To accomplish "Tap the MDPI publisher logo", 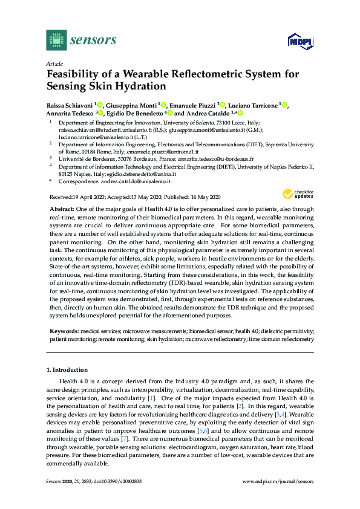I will (x=301, y=41).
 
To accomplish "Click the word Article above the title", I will (x=54, y=63).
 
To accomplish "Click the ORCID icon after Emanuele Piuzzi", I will (x=222, y=104).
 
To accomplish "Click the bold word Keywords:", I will (x=64, y=332).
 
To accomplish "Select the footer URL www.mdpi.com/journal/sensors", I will (x=278, y=481).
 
